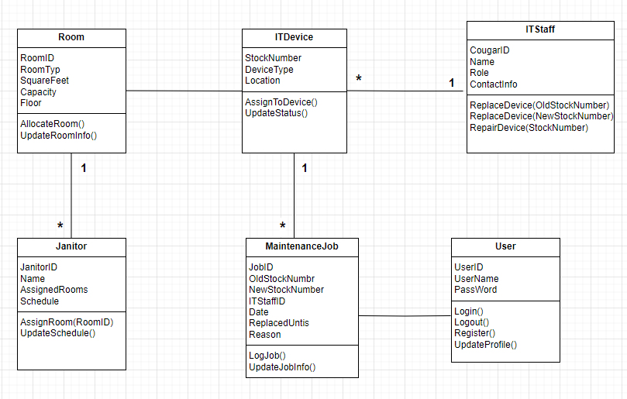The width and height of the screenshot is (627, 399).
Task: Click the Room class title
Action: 71,37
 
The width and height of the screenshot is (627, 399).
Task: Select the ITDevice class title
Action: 294,37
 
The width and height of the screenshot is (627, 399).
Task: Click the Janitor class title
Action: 71,246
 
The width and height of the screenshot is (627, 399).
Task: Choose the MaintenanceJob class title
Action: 301,246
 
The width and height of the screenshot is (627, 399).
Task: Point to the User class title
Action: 505,246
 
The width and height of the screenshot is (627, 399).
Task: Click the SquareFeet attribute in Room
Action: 45,81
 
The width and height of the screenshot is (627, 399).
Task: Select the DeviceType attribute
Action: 269,69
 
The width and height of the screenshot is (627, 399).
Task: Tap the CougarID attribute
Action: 490,50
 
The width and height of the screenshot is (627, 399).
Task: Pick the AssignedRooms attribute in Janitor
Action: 53,290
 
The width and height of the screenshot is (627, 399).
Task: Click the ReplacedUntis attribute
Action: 279,323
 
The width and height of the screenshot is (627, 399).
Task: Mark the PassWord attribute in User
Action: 475,290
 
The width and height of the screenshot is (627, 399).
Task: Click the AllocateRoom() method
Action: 52,124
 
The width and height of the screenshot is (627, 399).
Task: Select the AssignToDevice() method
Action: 281,101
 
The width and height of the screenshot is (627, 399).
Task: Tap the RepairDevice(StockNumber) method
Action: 529,127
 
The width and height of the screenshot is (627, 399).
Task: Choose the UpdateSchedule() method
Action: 57,333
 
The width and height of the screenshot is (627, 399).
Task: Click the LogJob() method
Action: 267,356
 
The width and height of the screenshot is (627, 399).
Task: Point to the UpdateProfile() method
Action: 485,345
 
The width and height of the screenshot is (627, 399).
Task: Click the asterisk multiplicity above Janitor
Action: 60,225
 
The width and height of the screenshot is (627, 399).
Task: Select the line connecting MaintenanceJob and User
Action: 405,316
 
